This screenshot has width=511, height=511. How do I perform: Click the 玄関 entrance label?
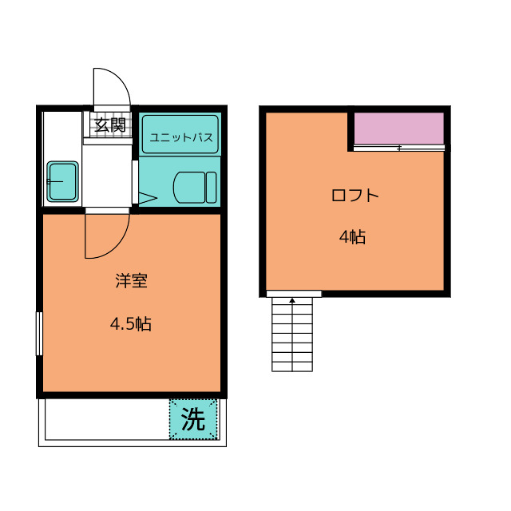(110, 125)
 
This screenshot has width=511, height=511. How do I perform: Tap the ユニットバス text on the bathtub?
(181, 137)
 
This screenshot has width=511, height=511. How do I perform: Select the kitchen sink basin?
(62, 181)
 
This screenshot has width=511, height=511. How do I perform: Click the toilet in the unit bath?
(195, 188)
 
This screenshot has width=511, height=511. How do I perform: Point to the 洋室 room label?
(131, 281)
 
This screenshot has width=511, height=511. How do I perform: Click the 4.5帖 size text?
(131, 324)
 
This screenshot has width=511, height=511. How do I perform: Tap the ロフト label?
(355, 195)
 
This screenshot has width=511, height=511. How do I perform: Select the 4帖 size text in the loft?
(352, 237)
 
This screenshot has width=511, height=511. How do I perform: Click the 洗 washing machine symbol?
(193, 419)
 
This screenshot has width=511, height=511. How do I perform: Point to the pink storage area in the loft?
(399, 128)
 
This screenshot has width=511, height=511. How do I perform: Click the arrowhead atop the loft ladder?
(292, 300)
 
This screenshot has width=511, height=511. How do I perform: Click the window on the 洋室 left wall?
(39, 334)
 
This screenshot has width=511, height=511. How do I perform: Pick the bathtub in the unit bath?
(180, 134)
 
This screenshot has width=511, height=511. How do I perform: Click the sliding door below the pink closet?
(399, 149)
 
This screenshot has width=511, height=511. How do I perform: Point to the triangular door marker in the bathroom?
(148, 197)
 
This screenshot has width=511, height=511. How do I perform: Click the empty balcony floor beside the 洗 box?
(107, 419)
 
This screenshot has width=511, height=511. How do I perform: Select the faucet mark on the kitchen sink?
(54, 181)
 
